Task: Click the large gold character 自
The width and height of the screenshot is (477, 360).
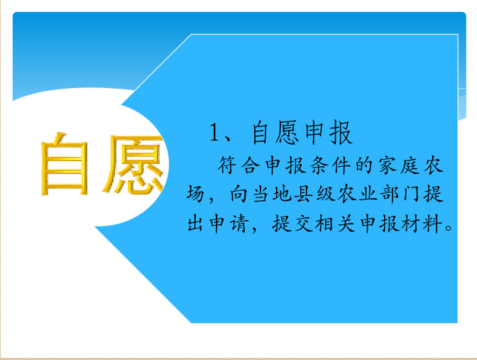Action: [65, 164]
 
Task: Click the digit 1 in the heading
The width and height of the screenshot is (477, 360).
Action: [214, 132]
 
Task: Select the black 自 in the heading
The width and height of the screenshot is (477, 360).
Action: [261, 132]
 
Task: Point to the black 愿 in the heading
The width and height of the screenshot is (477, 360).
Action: [287, 132]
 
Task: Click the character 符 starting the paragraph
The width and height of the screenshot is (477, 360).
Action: [226, 165]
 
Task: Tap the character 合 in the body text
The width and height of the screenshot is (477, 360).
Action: [251, 165]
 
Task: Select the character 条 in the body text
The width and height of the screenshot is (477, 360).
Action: [319, 165]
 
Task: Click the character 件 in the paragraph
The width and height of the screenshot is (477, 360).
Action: [342, 165]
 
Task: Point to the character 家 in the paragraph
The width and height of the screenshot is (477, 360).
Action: [388, 165]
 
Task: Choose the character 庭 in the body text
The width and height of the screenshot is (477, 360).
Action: [411, 165]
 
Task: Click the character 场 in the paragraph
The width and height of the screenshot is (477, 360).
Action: [195, 194]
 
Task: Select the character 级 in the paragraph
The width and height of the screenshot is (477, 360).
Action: [326, 194]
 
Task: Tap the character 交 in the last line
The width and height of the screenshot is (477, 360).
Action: [303, 224]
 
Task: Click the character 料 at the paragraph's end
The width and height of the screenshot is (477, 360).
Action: [432, 224]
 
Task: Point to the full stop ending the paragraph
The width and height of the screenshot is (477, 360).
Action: [449, 228]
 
